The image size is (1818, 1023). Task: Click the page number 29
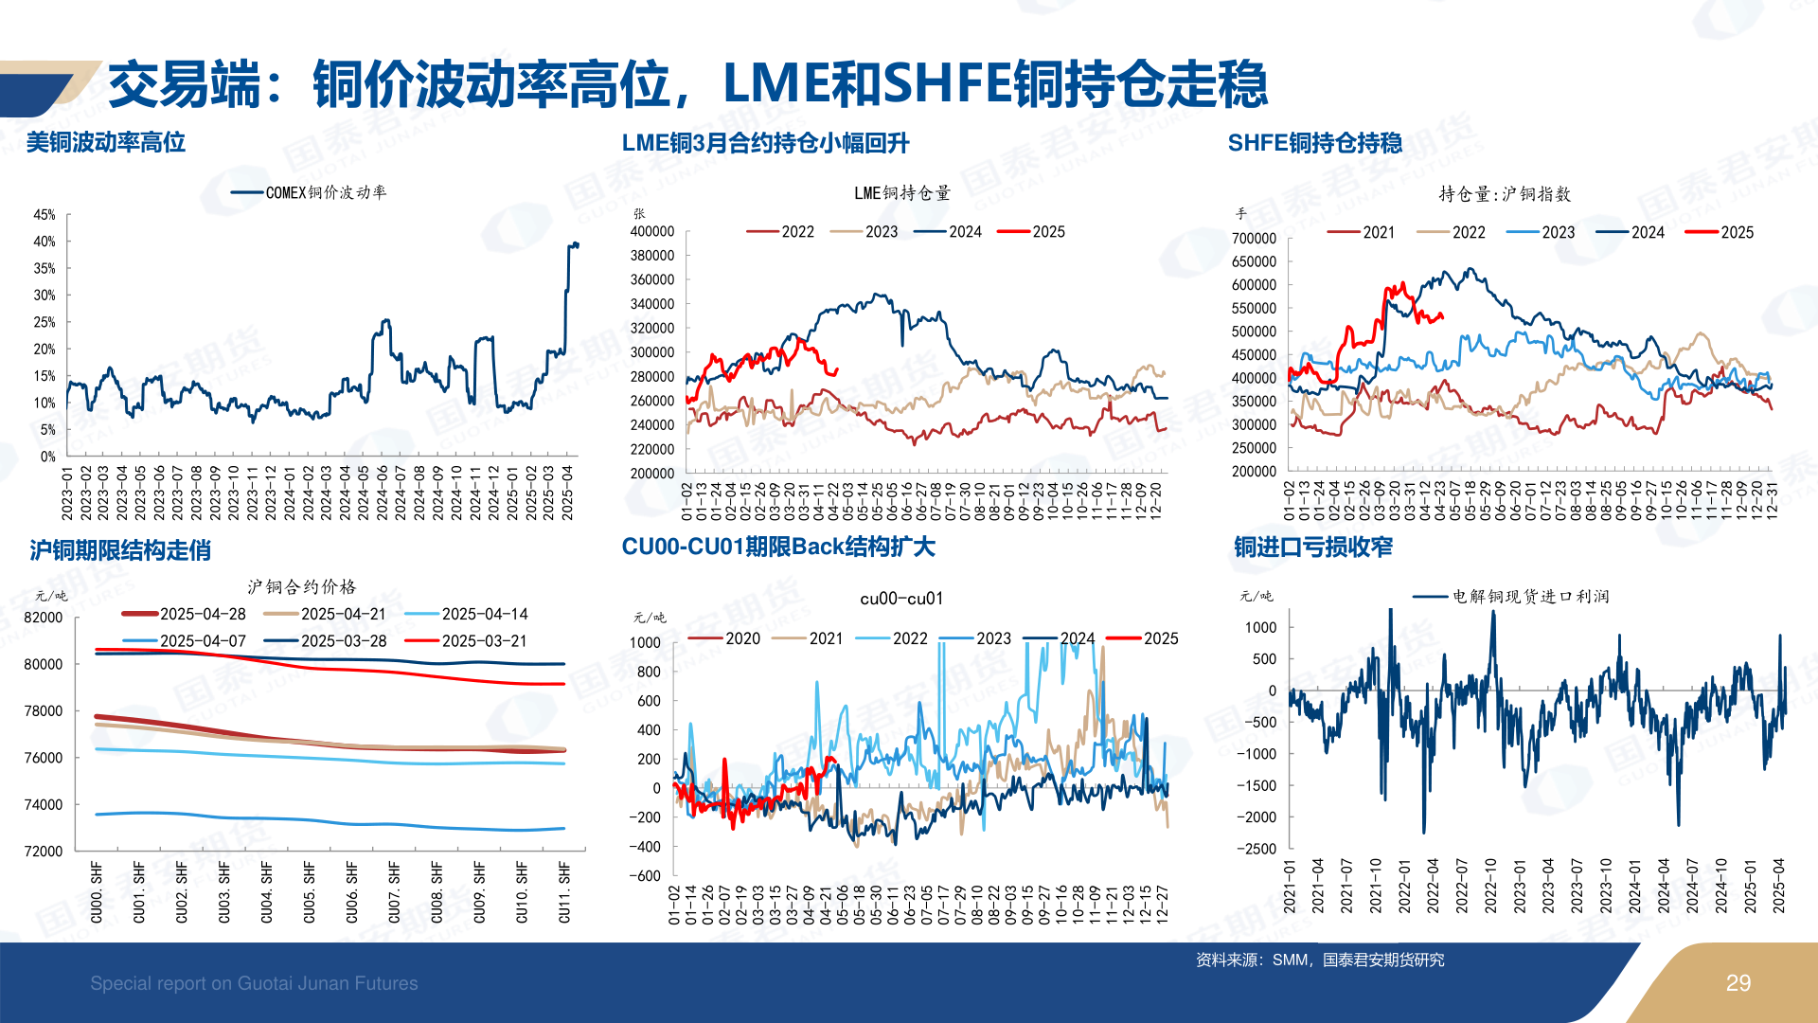(x=1738, y=983)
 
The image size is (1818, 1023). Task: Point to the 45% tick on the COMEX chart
(x=45, y=215)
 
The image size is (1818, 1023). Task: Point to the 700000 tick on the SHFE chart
(x=1254, y=239)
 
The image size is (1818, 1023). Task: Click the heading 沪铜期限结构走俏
(x=120, y=550)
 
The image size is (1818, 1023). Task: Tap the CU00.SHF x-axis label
(x=97, y=891)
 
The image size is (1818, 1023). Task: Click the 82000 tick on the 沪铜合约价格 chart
(x=44, y=618)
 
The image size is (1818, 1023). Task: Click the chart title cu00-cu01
(x=900, y=599)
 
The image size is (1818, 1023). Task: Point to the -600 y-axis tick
(x=645, y=876)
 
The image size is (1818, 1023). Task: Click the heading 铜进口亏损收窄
(x=1312, y=547)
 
